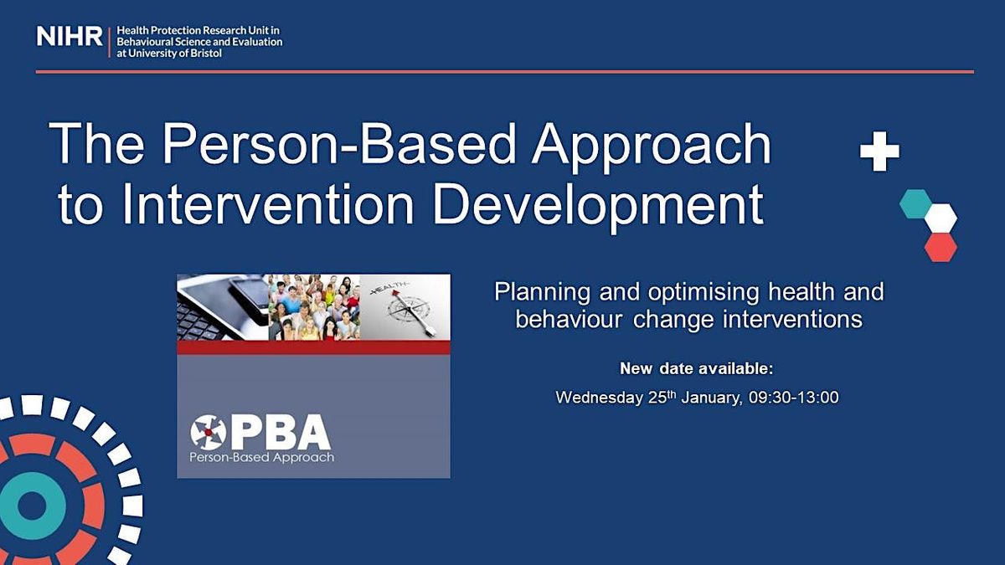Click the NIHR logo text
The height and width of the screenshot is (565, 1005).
69,36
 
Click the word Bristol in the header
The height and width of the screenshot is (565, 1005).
205,54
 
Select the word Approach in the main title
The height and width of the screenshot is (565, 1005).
652,145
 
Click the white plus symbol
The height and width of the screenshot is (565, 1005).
879,152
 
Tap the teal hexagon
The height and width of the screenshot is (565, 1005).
915,203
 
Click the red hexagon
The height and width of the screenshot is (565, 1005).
941,246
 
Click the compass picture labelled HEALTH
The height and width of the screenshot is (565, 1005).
405,306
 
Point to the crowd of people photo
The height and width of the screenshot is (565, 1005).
314,306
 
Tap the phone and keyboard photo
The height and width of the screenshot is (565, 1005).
223,306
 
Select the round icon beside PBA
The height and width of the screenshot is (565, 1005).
208,432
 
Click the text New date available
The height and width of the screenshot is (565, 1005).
697,368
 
